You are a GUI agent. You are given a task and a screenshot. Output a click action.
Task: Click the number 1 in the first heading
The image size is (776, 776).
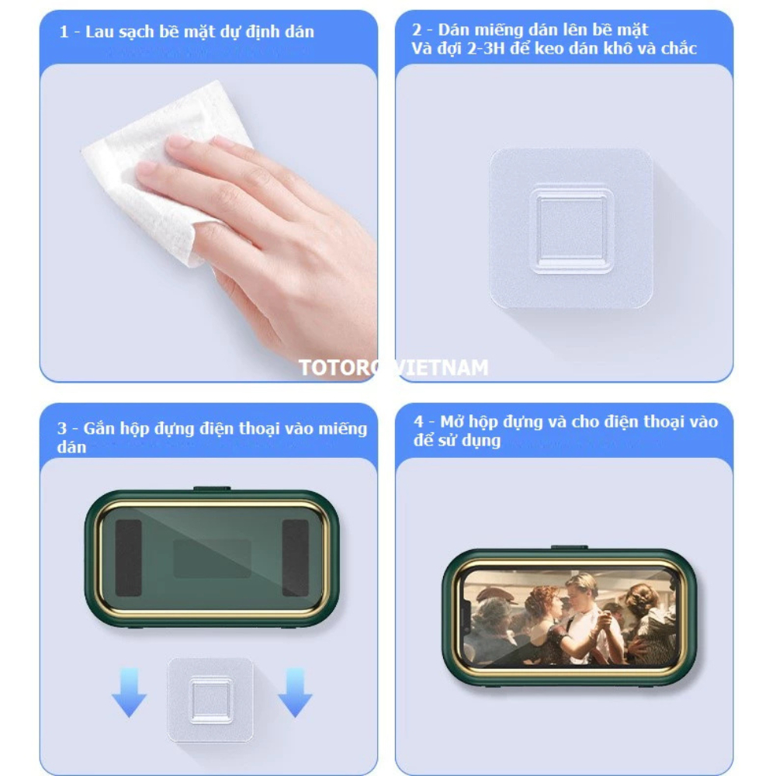(64, 32)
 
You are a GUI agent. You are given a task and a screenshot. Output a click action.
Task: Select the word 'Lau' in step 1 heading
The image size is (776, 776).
(99, 32)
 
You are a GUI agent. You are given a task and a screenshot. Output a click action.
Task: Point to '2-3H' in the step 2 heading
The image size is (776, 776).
(485, 48)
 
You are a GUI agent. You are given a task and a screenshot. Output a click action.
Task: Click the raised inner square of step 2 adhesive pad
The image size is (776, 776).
(572, 230)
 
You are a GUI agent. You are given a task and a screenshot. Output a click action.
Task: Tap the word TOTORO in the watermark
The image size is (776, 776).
(341, 368)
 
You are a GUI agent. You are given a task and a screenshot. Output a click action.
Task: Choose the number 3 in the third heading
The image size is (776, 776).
(62, 428)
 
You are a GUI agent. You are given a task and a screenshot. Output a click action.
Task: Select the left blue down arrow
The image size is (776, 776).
(129, 693)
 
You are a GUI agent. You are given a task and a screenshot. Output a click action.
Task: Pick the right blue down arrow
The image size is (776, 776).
(295, 693)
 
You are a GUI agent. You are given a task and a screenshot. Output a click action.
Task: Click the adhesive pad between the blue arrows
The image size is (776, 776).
(211, 700)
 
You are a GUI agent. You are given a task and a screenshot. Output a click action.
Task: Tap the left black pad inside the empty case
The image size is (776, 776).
(128, 558)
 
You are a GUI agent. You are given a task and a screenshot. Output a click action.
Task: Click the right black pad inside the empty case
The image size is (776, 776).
(296, 558)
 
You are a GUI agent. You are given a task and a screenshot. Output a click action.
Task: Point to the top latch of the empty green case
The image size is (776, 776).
(212, 489)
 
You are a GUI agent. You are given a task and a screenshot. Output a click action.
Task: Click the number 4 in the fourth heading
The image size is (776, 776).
(419, 422)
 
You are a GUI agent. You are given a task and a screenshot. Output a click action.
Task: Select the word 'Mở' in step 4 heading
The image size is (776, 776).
(452, 421)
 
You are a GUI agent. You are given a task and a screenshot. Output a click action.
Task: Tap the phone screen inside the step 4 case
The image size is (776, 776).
(570, 619)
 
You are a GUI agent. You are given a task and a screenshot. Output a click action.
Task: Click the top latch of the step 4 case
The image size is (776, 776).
(570, 548)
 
